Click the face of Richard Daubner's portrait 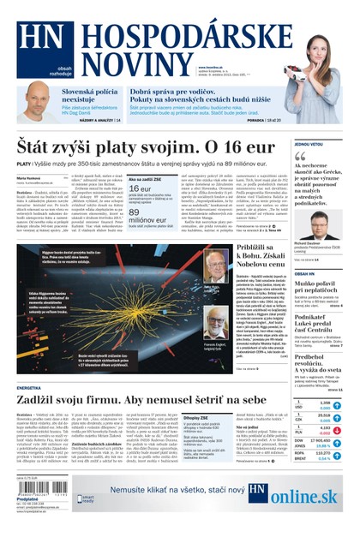(309, 230)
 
